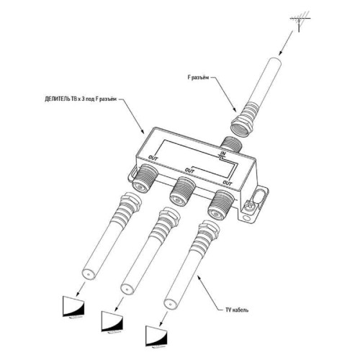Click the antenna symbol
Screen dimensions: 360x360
(x=299, y=22)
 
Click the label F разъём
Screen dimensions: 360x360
(x=198, y=78)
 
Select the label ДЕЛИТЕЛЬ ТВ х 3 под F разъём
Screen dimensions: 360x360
(x=81, y=99)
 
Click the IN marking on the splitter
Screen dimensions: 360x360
(x=223, y=153)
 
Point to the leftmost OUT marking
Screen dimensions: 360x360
(x=153, y=158)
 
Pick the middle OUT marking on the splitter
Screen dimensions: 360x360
(x=189, y=171)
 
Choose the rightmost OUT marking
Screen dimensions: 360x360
(x=228, y=183)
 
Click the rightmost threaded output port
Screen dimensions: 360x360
(x=221, y=204)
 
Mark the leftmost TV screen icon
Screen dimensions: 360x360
(x=73, y=307)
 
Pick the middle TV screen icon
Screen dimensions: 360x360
(x=112, y=322)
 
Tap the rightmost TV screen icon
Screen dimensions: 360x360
(x=156, y=336)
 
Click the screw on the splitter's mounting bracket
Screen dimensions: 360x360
(x=248, y=207)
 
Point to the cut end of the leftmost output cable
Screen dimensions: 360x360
(x=89, y=274)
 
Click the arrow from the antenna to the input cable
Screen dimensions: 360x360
(x=287, y=42)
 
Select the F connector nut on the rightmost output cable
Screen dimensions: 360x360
(x=210, y=226)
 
